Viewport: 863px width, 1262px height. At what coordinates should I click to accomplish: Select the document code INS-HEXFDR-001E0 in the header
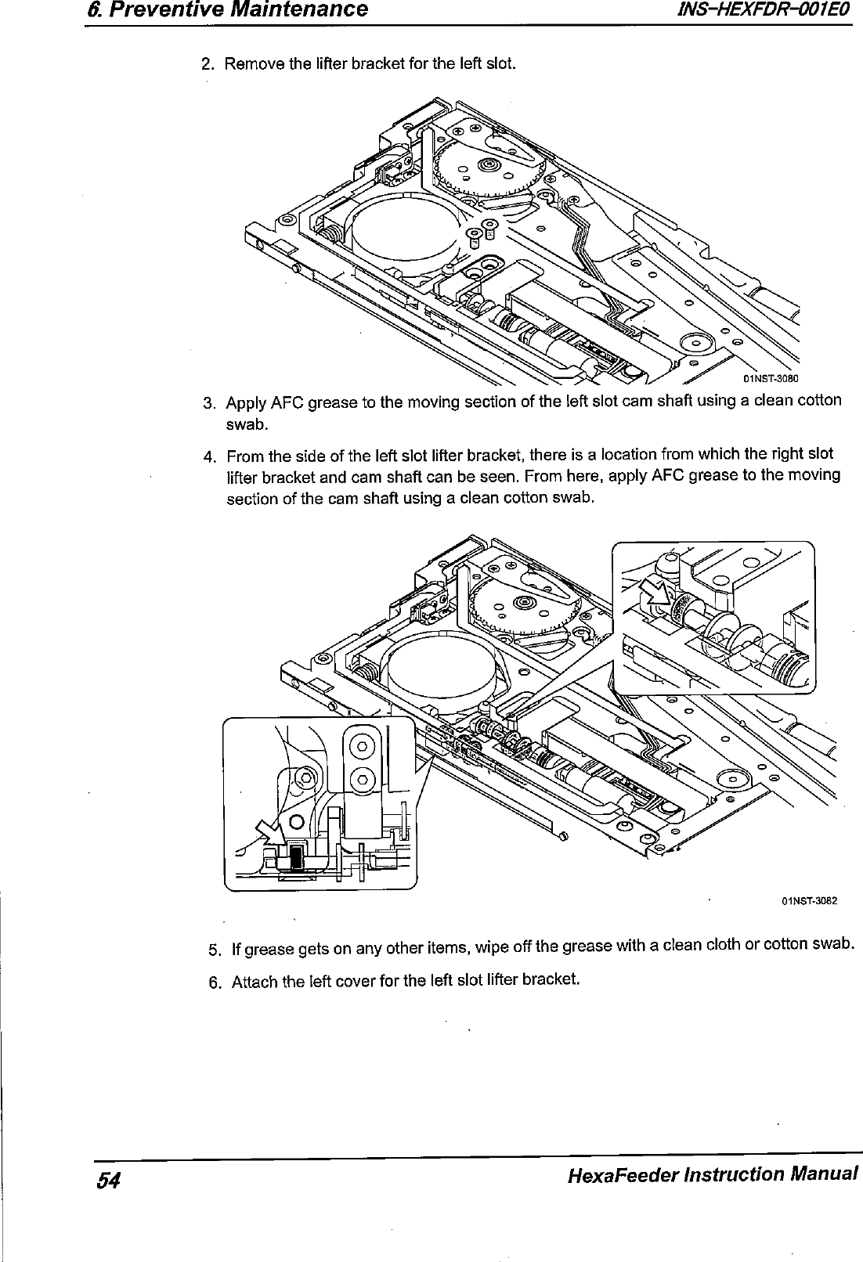tap(764, 9)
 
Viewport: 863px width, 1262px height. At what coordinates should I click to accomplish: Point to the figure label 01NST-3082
tap(809, 900)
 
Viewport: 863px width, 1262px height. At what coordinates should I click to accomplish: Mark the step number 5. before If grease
tap(215, 950)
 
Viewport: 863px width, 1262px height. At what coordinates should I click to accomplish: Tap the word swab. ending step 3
tap(247, 424)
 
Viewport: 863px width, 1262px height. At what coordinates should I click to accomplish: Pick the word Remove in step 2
tap(247, 63)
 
